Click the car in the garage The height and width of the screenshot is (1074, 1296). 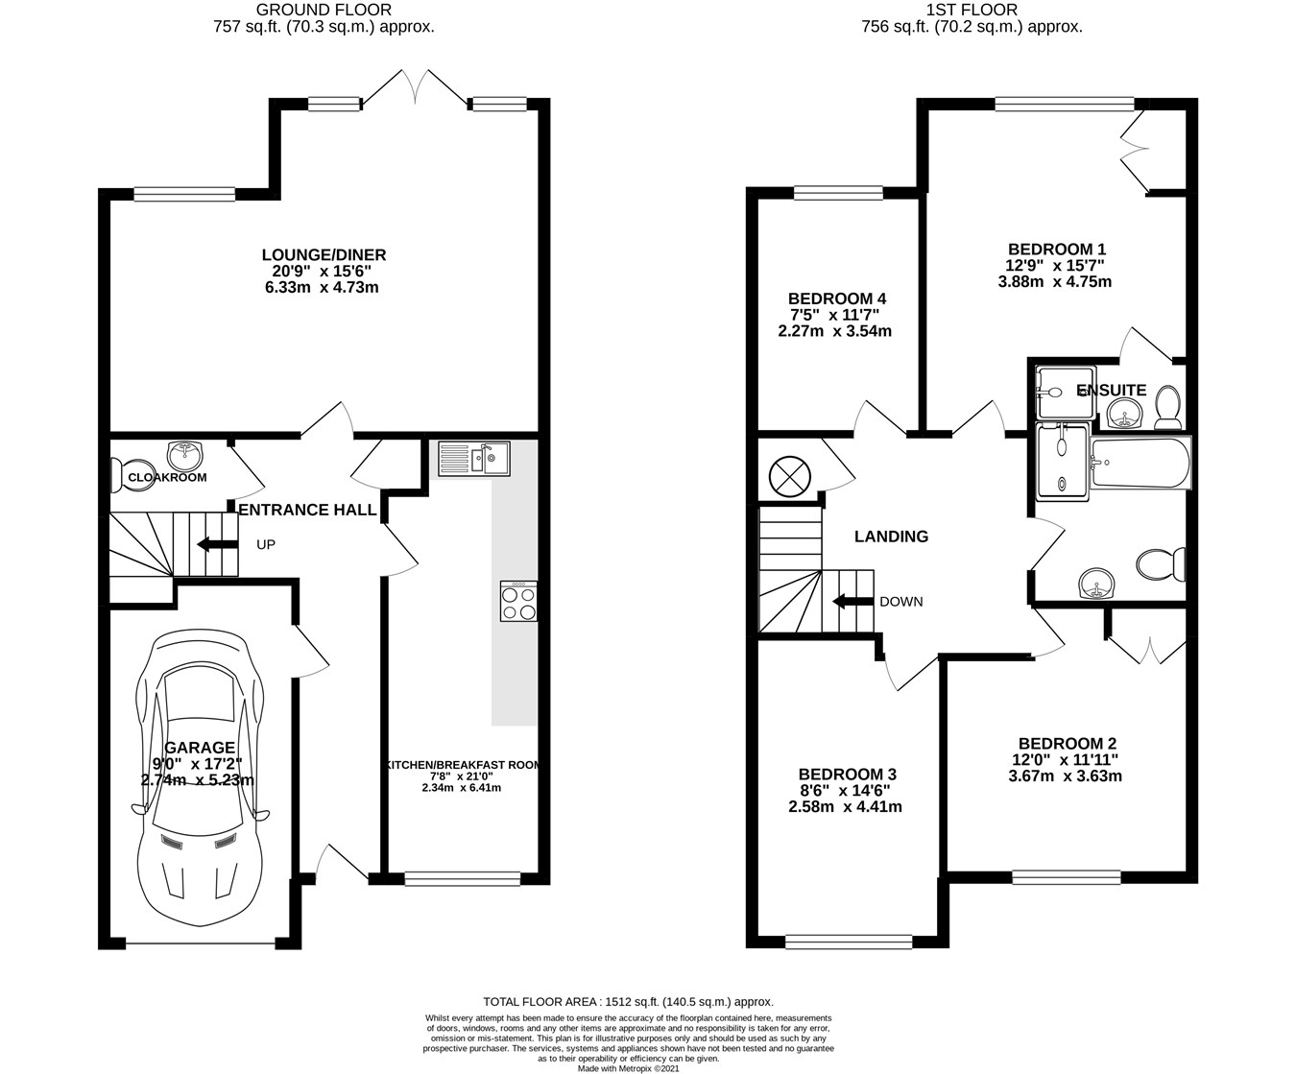200,779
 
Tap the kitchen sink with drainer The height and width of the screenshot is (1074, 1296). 473,459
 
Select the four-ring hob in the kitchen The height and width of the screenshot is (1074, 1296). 519,601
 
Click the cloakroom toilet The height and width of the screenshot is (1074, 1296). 132,475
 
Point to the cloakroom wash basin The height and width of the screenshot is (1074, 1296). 185,455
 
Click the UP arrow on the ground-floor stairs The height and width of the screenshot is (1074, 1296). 217,545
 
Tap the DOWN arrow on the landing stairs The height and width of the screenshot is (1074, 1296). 852,601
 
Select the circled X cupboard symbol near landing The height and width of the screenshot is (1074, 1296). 789,477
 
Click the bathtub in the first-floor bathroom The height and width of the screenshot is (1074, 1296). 1140,463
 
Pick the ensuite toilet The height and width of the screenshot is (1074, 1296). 1168,407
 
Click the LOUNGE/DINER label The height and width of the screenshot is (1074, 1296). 324,254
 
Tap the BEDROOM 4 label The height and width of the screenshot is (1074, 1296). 837,298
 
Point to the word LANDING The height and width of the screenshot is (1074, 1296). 891,537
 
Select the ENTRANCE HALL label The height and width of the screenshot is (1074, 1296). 308,510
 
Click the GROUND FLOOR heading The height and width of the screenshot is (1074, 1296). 324,10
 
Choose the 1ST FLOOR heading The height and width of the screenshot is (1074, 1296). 972,10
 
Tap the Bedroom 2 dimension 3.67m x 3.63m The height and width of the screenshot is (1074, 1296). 1065,776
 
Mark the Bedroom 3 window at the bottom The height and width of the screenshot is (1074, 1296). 849,942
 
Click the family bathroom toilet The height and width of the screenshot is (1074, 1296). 1161,564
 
